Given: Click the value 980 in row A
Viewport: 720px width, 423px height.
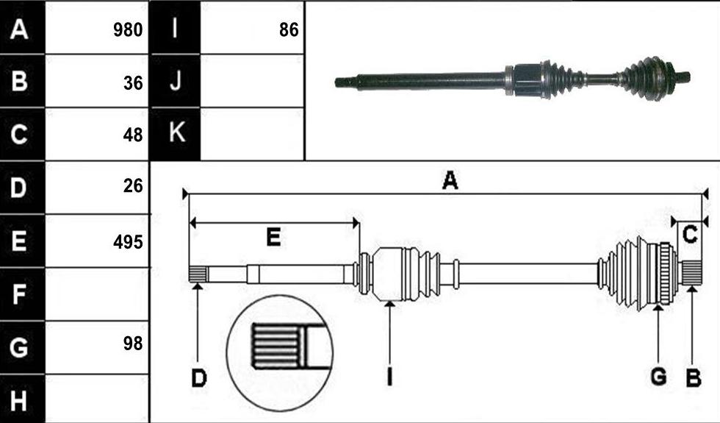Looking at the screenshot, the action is pyautogui.click(x=128, y=30).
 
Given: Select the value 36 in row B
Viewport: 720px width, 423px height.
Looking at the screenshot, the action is pyautogui.click(x=133, y=82).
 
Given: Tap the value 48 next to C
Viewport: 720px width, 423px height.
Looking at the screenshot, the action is pyautogui.click(x=133, y=135).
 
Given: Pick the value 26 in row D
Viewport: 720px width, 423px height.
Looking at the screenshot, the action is pyautogui.click(x=133, y=185).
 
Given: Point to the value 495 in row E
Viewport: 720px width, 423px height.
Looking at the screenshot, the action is pyautogui.click(x=128, y=242).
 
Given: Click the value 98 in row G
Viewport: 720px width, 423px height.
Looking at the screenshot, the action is pyautogui.click(x=133, y=344).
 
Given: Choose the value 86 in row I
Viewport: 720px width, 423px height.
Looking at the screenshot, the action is pyautogui.click(x=289, y=30).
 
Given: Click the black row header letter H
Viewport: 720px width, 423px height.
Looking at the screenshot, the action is pyautogui.click(x=18, y=400).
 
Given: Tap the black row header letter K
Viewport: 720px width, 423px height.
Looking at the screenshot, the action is pyautogui.click(x=177, y=132).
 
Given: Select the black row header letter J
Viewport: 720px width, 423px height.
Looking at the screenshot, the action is pyautogui.click(x=176, y=81).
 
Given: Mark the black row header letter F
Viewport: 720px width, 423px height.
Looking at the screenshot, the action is pyautogui.click(x=18, y=294).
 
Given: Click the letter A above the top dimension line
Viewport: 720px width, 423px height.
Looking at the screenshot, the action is pyautogui.click(x=450, y=180).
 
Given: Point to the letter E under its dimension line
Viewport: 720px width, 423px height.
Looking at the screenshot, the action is pyautogui.click(x=273, y=237).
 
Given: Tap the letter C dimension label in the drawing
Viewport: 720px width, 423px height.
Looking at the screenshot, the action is pyautogui.click(x=690, y=235).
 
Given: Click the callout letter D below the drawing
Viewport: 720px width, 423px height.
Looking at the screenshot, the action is pyautogui.click(x=199, y=379).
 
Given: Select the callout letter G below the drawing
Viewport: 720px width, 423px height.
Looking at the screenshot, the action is pyautogui.click(x=659, y=377).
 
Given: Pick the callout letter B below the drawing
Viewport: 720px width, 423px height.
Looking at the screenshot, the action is pyautogui.click(x=694, y=378).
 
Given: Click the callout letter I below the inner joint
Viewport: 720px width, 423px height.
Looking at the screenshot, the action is pyautogui.click(x=389, y=377).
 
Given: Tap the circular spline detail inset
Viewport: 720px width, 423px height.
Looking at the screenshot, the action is pyautogui.click(x=280, y=353).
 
